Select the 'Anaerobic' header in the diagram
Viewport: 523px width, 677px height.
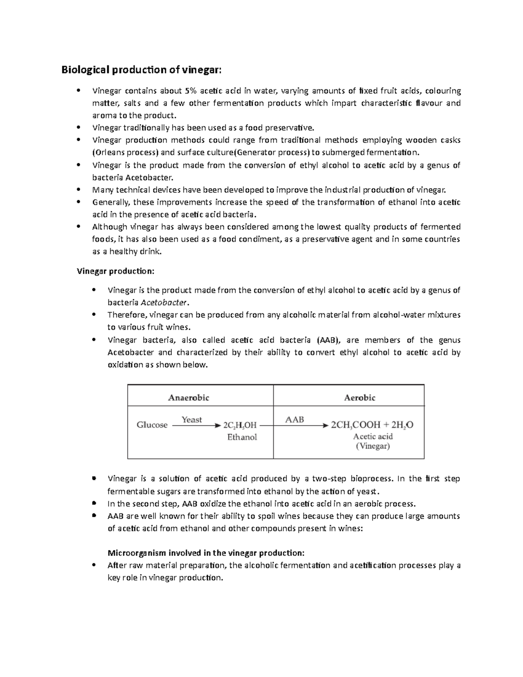[x=189, y=398]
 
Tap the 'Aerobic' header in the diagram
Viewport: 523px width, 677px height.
[x=360, y=398]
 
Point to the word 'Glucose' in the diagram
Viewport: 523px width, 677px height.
[x=152, y=425]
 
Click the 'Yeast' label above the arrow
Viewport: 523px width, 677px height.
[x=192, y=419]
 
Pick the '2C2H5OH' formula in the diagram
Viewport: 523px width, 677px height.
[x=240, y=425]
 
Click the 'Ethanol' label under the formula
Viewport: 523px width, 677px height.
[x=242, y=437]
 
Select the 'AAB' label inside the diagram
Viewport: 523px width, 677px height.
[x=294, y=420]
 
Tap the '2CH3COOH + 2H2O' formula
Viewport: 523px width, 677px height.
[x=372, y=425]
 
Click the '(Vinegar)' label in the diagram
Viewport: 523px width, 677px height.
[x=373, y=446]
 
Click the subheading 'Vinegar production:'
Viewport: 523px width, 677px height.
[x=115, y=271]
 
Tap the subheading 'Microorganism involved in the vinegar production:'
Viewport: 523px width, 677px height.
[x=206, y=553]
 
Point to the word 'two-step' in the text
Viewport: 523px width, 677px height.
[x=330, y=479]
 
